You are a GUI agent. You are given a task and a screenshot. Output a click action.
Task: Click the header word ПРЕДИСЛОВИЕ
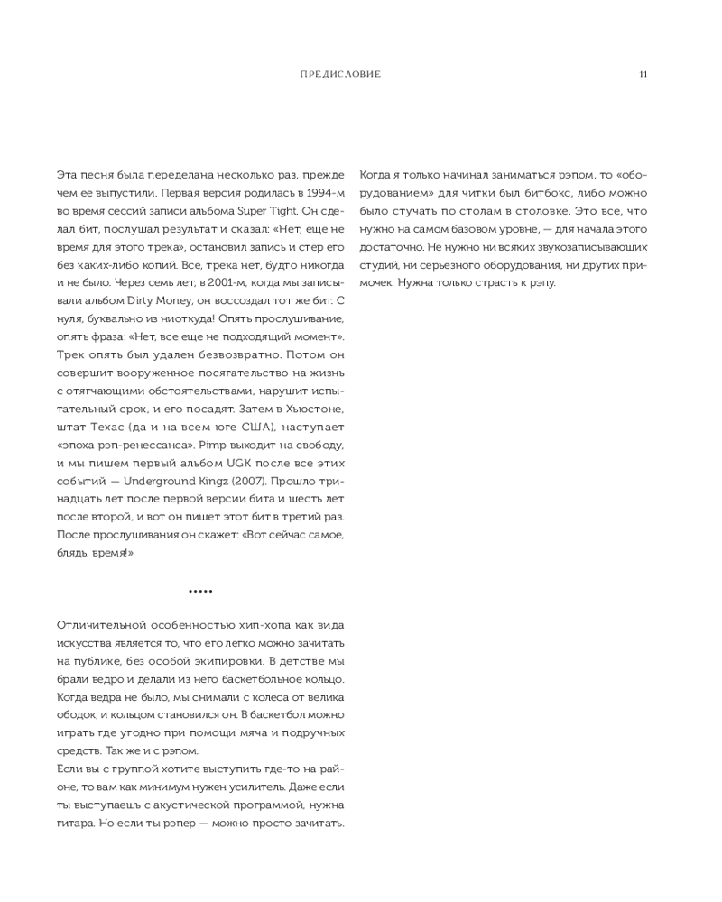(x=339, y=74)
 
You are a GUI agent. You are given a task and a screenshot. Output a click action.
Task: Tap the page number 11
(x=643, y=74)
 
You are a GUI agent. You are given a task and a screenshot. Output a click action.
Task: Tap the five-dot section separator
(x=200, y=591)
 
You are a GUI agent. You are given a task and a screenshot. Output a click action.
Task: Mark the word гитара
(x=78, y=824)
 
